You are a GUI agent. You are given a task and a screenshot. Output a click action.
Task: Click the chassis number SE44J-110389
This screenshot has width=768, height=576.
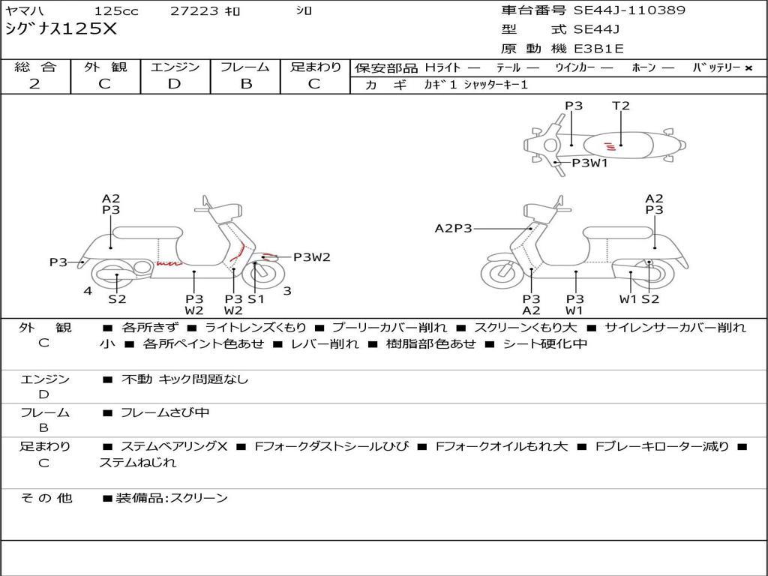(629, 10)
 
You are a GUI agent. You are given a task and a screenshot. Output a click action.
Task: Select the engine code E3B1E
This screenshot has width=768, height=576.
(598, 49)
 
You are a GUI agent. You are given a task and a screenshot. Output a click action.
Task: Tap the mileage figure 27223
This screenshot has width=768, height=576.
(194, 10)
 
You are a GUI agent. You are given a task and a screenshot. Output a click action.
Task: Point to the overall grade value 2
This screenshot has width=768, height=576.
(34, 84)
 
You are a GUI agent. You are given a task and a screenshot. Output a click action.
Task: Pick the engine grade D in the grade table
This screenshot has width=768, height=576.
(175, 84)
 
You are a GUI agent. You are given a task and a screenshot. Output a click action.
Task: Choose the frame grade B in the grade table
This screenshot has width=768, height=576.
(245, 84)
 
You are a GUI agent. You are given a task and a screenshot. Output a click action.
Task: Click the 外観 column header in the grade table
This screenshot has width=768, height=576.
(105, 67)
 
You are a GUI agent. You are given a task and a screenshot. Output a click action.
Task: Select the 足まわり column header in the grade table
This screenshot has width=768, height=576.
(315, 67)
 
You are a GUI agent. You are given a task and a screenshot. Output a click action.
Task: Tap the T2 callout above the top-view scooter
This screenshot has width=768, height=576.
(621, 106)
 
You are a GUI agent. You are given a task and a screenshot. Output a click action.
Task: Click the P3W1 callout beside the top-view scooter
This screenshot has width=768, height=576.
(590, 163)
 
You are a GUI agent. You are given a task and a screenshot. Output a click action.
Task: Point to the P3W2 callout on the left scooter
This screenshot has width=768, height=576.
(311, 257)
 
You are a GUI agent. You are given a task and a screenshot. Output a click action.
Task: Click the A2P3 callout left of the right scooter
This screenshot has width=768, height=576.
(454, 228)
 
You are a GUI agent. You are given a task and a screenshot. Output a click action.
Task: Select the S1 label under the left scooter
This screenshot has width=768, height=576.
(256, 298)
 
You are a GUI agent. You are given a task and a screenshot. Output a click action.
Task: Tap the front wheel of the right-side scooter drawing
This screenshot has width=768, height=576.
(502, 274)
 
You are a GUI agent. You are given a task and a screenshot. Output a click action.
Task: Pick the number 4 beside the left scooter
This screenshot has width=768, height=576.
(88, 291)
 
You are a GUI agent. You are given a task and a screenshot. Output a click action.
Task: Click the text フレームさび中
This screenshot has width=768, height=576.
(165, 412)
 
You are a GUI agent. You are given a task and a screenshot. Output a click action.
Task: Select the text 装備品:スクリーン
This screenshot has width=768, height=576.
(171, 498)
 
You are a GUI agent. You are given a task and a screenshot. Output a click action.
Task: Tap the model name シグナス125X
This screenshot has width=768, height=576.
(61, 29)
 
